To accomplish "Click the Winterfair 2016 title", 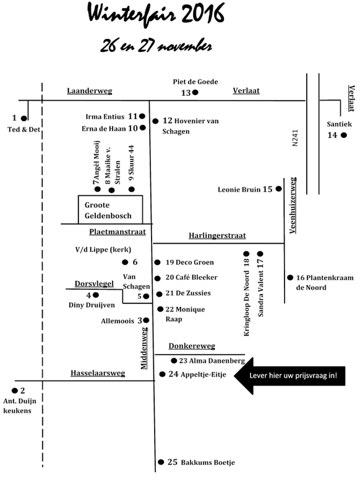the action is pos(156,14).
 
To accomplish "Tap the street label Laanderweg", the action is pos(90,91).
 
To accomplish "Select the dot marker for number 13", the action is pos(195,92).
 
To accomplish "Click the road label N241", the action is pos(295,138).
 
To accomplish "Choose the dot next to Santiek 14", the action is pos(344,135).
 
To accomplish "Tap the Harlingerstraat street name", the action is pos(217,236).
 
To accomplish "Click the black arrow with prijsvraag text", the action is pos(289,376).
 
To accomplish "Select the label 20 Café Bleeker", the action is pos(191,277).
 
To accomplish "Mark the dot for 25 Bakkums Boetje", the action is pos(161,462).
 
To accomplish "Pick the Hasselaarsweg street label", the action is pos(98,373).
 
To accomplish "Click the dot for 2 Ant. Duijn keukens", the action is pos(14,391).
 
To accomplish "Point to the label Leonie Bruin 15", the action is pos(245,189).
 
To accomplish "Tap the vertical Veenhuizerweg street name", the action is pos(293,205).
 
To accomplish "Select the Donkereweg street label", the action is pos(192,346).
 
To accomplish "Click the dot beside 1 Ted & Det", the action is pos(24,118).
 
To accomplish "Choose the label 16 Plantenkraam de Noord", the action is pos(325,282).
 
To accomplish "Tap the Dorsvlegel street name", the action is pos(94,284).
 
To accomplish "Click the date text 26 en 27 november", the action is pos(156,46).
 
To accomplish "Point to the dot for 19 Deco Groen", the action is pos(157,262).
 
